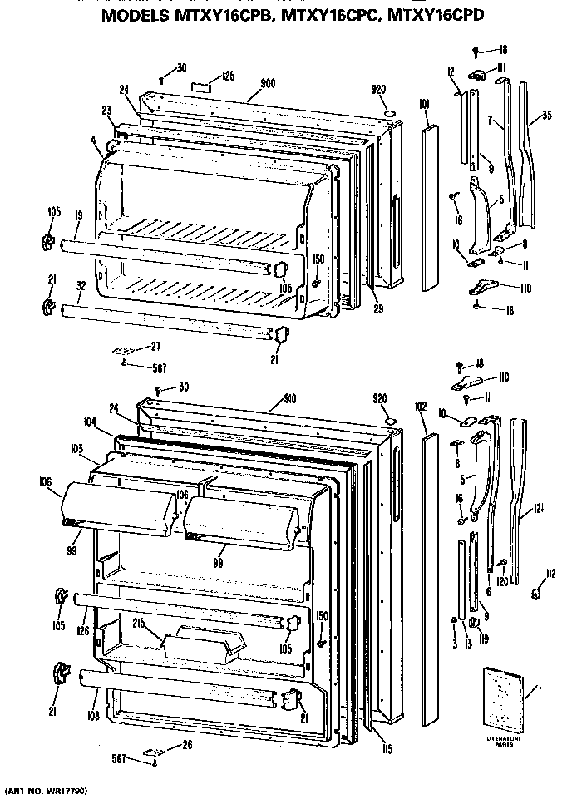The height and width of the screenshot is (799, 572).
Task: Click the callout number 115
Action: pos(387,748)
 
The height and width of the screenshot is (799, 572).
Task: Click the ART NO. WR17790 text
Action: pos(47,787)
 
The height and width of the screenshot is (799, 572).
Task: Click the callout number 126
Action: pos(82,631)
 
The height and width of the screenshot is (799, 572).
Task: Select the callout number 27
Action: pos(155,346)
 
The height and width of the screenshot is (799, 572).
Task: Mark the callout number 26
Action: pos(186,744)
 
